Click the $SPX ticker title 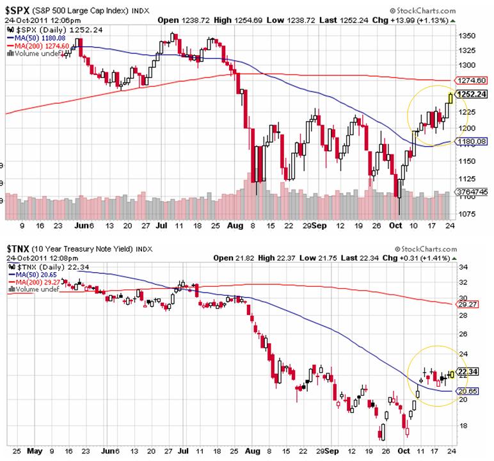[x=19, y=11]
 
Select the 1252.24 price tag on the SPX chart [x=474, y=93]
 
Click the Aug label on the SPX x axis [x=237, y=226]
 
